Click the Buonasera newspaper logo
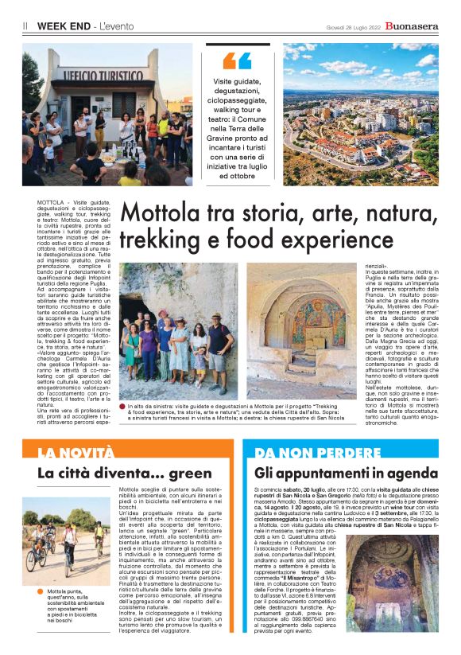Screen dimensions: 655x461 pos(411,25)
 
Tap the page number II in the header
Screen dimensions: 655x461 pos(25,26)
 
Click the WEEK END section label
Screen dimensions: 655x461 pos(62,26)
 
